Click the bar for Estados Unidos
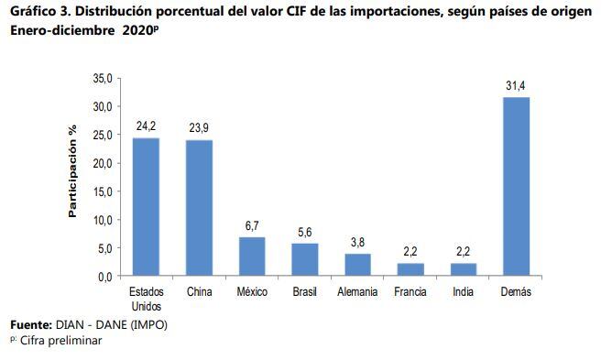tap(146, 206)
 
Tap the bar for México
tap(252, 256)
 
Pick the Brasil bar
tap(305, 259)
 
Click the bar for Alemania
tap(358, 265)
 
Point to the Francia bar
tap(410, 269)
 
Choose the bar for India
tap(464, 269)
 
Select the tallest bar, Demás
tap(517, 186)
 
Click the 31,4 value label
tap(517, 86)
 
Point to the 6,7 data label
tap(252, 226)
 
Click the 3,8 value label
tap(358, 243)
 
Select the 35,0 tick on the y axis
tap(102, 79)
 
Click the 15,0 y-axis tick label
tap(102, 191)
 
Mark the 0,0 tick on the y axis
tap(104, 276)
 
